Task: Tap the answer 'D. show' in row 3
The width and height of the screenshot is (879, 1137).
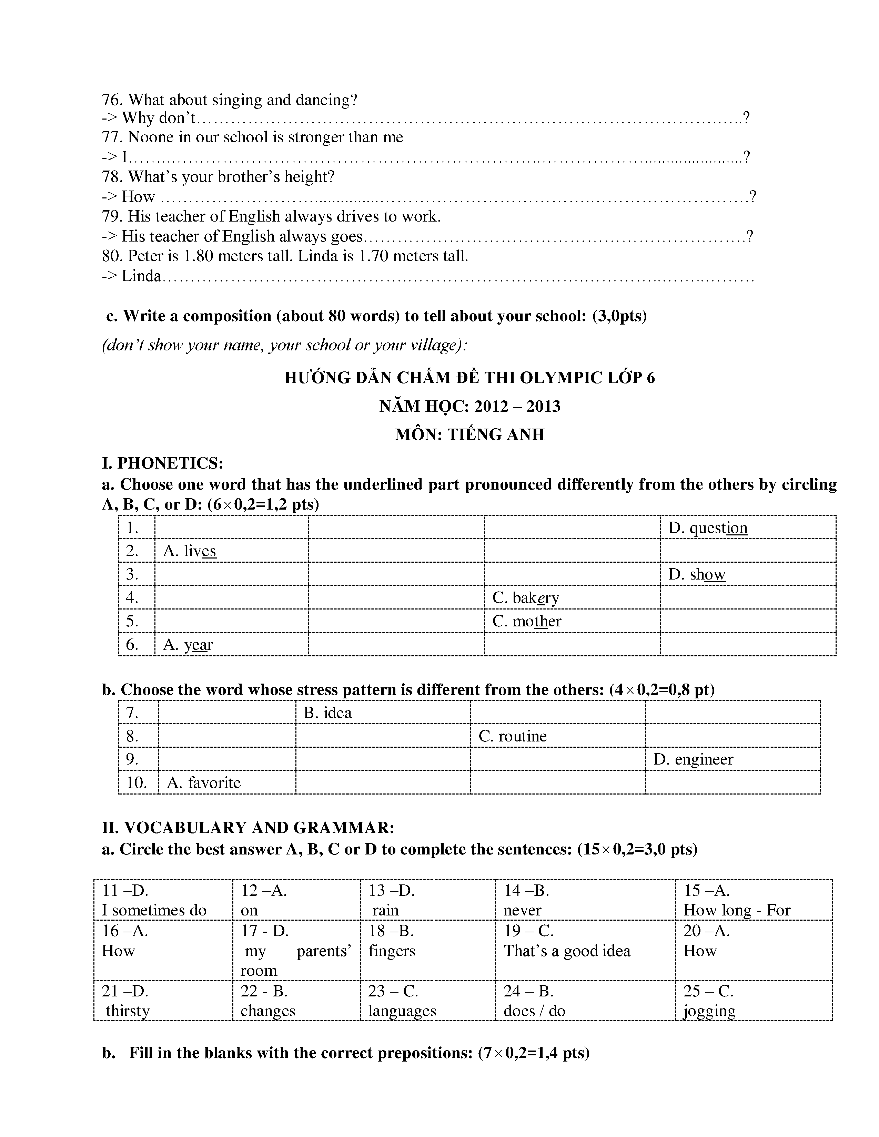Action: (696, 574)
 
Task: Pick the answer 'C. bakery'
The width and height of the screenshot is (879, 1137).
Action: (525, 598)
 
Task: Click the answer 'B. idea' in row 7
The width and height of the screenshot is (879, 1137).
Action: (327, 713)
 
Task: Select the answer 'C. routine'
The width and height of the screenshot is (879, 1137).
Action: (512, 736)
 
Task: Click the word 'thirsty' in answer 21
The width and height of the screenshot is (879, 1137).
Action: (128, 1011)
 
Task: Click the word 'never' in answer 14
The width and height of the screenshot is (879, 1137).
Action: (522, 910)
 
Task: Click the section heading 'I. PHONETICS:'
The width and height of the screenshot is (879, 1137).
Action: (162, 463)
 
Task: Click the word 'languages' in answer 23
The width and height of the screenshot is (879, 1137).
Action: (402, 1011)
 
